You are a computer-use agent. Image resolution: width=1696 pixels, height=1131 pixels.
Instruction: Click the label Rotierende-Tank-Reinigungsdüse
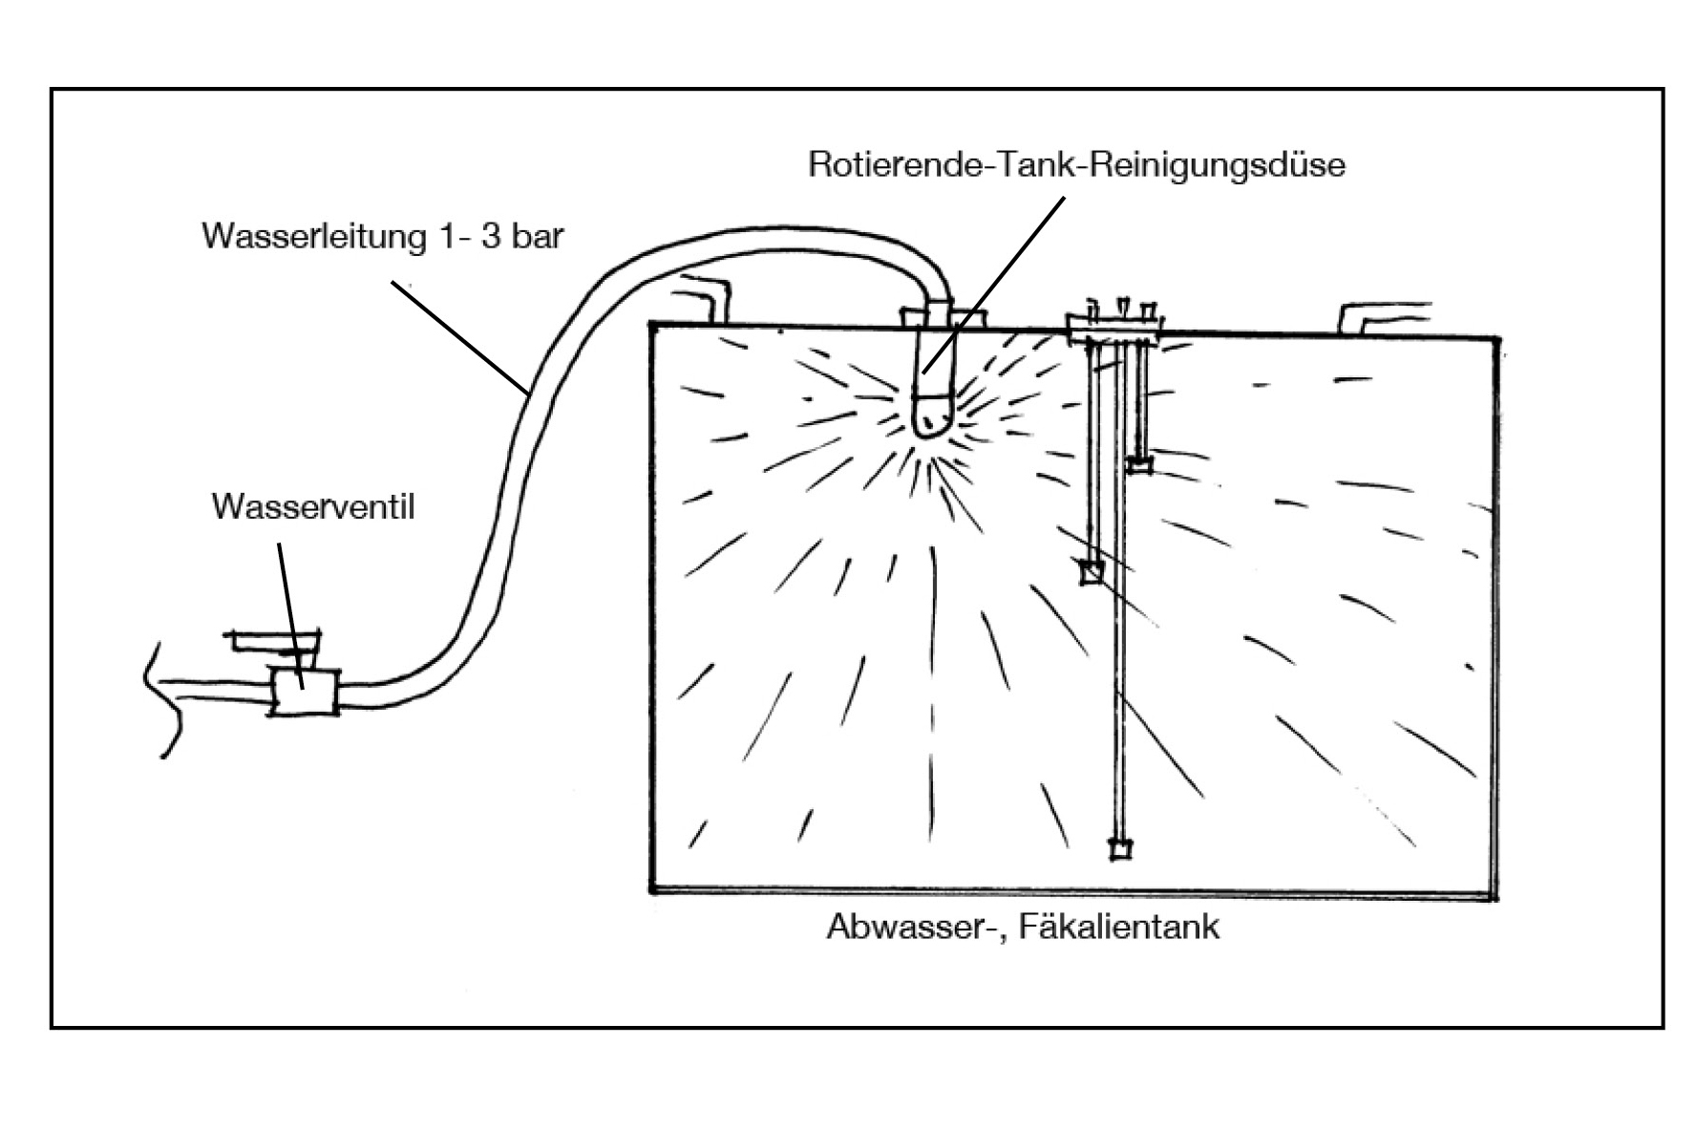1076,164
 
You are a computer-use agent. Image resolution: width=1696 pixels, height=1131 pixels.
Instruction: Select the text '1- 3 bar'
501,236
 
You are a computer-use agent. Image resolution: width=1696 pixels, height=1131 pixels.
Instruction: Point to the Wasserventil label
313,506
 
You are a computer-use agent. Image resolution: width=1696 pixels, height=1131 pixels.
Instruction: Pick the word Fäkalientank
1119,927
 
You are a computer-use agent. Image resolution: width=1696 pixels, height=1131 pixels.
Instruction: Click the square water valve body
304,692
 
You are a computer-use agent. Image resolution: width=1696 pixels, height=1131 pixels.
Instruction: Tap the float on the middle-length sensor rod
1091,573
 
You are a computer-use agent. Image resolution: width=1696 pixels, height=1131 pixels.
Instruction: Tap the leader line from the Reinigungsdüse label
993,287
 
